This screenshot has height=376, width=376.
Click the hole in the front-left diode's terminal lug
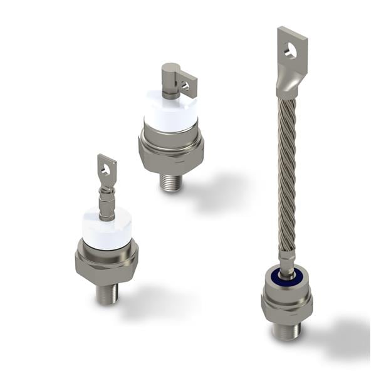coord(107,168)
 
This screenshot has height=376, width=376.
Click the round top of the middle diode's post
coord(170,68)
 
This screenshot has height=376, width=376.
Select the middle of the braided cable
coord(286,175)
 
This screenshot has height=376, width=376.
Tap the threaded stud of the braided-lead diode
coord(288,332)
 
